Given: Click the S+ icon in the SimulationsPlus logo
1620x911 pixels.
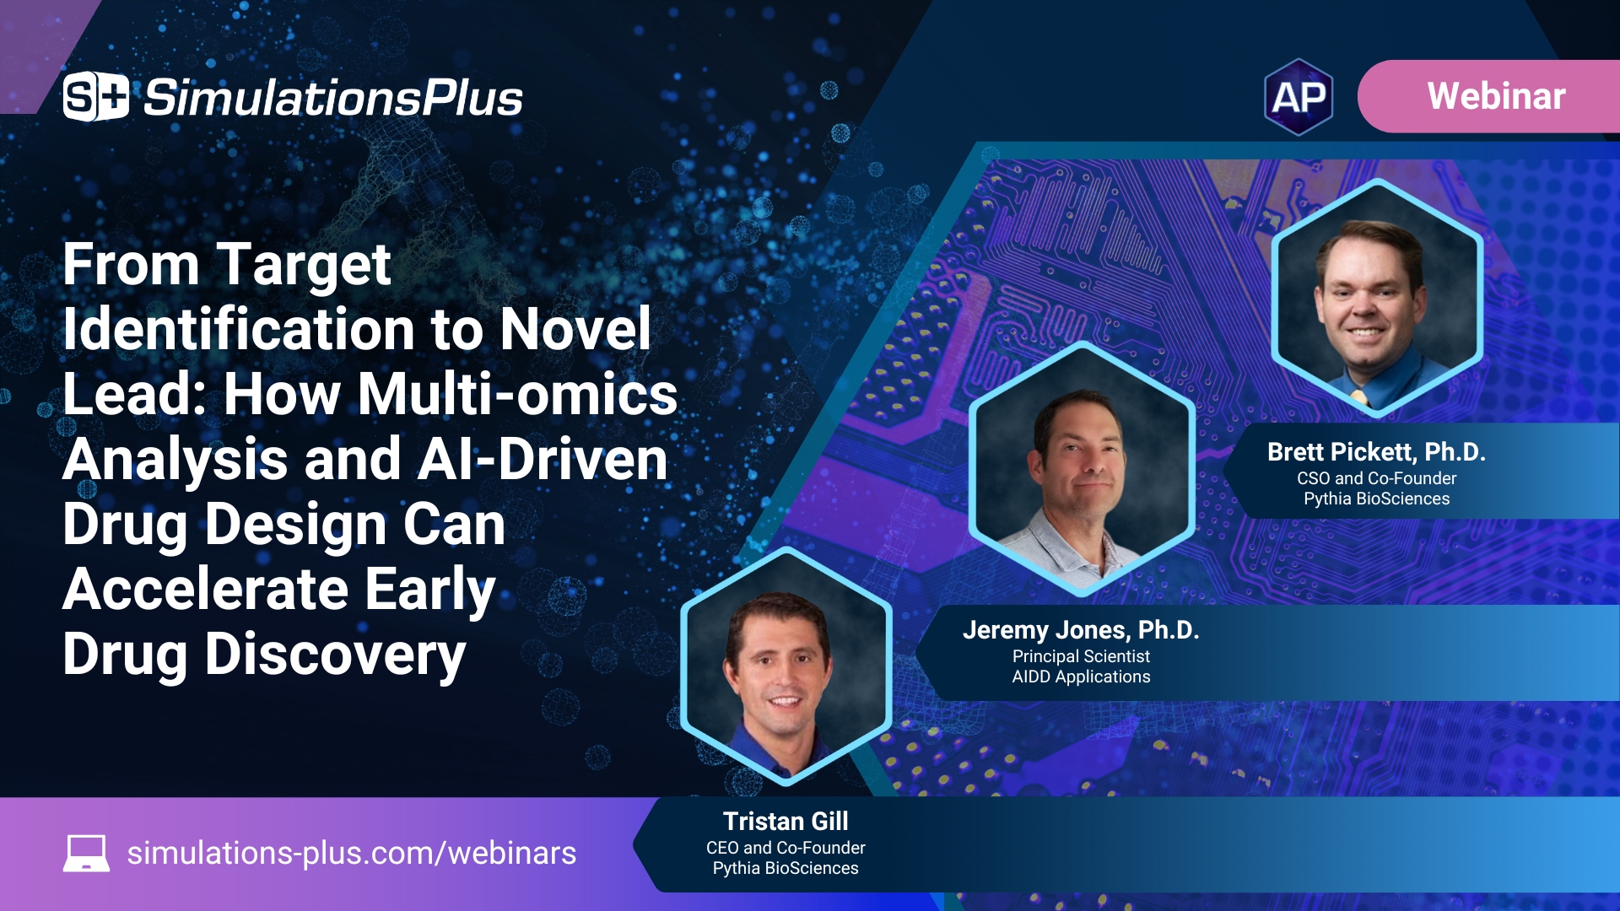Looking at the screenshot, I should point(95,97).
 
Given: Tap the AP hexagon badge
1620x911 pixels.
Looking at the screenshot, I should point(1299,97).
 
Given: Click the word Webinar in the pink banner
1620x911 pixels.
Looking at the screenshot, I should point(1496,96).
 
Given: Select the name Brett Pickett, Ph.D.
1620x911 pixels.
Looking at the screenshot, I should point(1375,452).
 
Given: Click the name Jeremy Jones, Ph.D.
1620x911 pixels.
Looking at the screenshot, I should point(1080,630).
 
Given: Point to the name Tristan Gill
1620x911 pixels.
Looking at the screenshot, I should point(786,821).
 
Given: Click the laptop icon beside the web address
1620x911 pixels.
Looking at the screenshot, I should point(86,853).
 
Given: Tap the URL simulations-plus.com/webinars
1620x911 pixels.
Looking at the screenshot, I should point(351,853).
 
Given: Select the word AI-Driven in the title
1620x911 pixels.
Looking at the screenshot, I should point(543,460).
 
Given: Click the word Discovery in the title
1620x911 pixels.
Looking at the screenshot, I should point(335,655).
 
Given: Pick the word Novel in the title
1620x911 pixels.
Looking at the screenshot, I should point(575,329).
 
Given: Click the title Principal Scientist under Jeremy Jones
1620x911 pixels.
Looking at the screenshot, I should point(1080,656).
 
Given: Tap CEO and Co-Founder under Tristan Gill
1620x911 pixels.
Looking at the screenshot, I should point(786,848).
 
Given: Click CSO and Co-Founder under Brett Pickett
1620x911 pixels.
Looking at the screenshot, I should point(1375,478).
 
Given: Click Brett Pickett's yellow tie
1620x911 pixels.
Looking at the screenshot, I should point(1358,396).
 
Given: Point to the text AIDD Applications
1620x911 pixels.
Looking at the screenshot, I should point(1080,677).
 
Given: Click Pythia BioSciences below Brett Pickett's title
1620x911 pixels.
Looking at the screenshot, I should point(1375,499).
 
